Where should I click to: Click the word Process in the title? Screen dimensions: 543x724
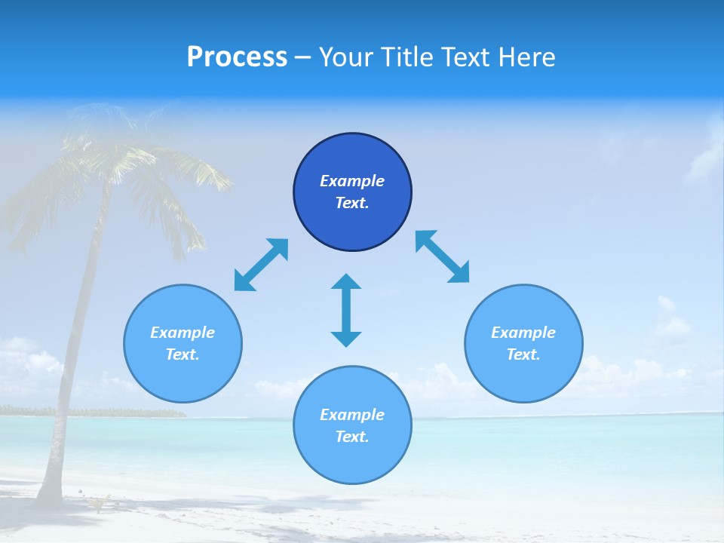pyautogui.click(x=237, y=57)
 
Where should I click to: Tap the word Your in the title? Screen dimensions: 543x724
pyautogui.click(x=347, y=57)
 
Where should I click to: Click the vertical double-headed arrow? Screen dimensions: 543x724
pyautogui.click(x=346, y=311)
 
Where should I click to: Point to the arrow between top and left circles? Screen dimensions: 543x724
pyautogui.click(x=261, y=265)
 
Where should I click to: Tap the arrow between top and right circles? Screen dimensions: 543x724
pyautogui.click(x=442, y=256)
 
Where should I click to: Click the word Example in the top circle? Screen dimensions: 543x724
pyautogui.click(x=352, y=181)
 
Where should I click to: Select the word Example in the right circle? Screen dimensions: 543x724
pyautogui.click(x=523, y=333)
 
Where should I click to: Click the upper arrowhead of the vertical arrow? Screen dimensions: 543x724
pyautogui.click(x=346, y=283)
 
